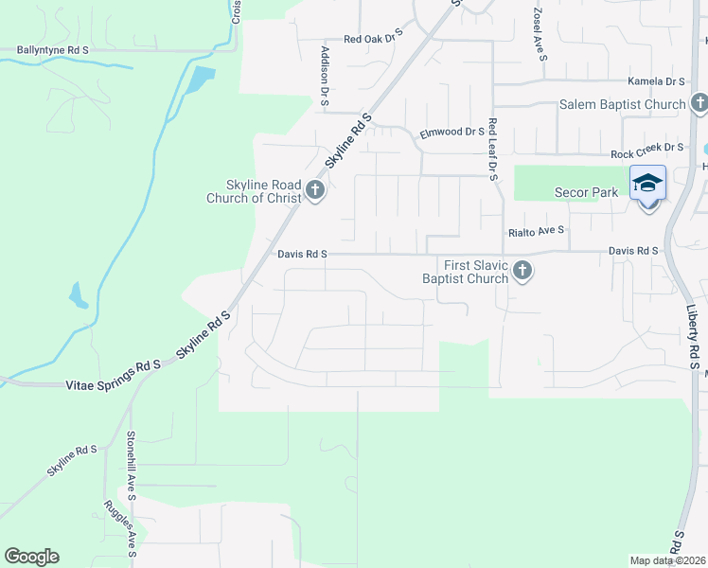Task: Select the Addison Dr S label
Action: pyautogui.click(x=325, y=75)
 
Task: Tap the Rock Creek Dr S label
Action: pyautogui.click(x=646, y=149)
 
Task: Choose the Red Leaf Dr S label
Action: pyautogui.click(x=493, y=150)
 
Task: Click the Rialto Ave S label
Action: pyautogui.click(x=536, y=230)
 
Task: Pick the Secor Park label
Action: pyautogui.click(x=587, y=192)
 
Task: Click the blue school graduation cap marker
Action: pyautogui.click(x=648, y=183)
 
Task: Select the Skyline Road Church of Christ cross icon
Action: pyautogui.click(x=316, y=193)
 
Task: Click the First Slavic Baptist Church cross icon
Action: pyautogui.click(x=521, y=273)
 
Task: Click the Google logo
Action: pyautogui.click(x=31, y=557)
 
